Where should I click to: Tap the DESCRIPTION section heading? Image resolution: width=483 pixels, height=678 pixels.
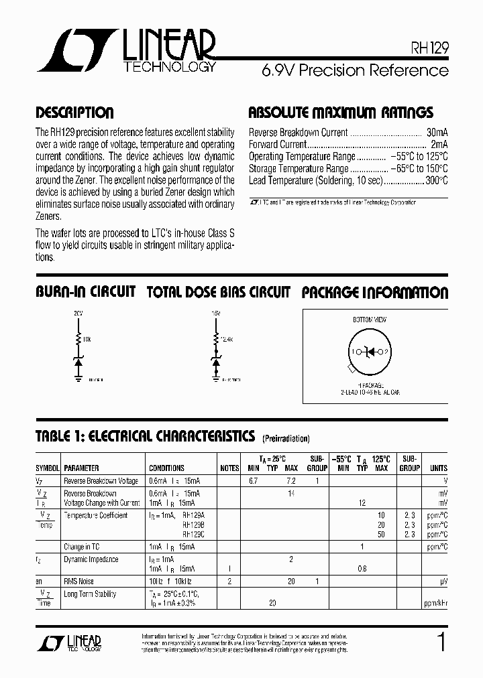click(x=74, y=113)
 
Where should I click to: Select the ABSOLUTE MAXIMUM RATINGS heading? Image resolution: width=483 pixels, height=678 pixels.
click(x=341, y=113)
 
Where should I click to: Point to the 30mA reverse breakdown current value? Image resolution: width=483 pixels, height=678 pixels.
click(x=437, y=133)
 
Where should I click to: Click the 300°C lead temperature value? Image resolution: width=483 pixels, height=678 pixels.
click(x=436, y=181)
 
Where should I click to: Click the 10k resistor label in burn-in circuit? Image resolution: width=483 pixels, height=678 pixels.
click(x=87, y=340)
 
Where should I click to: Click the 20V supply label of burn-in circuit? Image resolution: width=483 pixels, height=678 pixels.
click(x=78, y=313)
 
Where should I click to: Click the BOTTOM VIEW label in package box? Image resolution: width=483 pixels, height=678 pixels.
click(x=370, y=320)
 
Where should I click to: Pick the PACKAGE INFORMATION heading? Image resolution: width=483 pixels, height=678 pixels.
click(x=374, y=292)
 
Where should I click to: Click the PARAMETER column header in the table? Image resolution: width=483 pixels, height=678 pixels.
click(x=81, y=468)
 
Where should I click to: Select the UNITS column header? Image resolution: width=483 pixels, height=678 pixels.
click(x=439, y=468)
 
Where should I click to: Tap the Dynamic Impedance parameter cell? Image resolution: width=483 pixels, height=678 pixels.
click(x=91, y=559)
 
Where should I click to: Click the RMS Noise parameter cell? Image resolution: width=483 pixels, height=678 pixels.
click(x=78, y=582)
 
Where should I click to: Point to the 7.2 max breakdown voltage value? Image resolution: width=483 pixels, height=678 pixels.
click(x=291, y=481)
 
